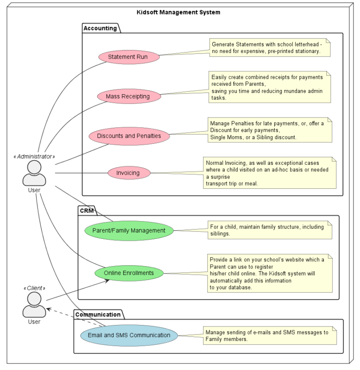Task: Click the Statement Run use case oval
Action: pos(128,57)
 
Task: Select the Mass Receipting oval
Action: pos(128,96)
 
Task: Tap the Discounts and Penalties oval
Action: pos(129,136)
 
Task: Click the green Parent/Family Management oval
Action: pos(129,230)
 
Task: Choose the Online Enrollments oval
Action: pos(129,273)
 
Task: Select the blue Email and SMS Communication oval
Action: pos(129,335)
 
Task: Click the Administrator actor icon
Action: pos(34,173)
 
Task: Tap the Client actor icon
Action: pos(34,304)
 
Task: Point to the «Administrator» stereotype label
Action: pos(34,156)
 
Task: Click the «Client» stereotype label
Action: pos(34,288)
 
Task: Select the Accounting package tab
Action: pos(100,28)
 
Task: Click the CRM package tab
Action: pos(87,211)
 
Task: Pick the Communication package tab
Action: pos(98,314)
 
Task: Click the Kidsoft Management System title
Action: pos(178,12)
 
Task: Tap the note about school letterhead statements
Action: pos(270,47)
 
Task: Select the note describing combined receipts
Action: pos(270,87)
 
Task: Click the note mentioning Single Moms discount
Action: pos(270,130)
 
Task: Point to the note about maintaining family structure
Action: pos(270,230)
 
